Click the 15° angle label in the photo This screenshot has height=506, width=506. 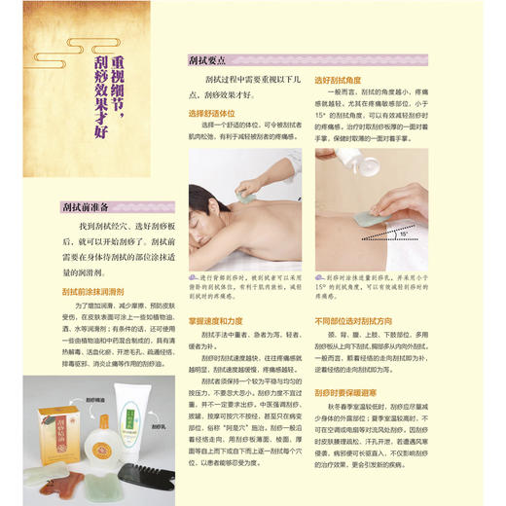point(403,235)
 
